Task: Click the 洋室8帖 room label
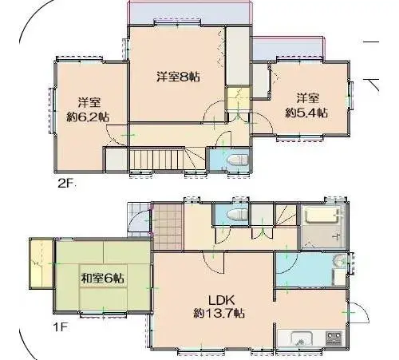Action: (x=178, y=77)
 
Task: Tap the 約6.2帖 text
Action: (x=88, y=117)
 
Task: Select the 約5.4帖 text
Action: (x=306, y=113)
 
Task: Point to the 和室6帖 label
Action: (x=102, y=279)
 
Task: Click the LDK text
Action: (x=221, y=300)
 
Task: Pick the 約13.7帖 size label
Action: (x=219, y=314)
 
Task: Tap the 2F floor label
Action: (x=66, y=184)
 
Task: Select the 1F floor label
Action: (x=60, y=327)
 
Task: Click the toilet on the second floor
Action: (x=239, y=160)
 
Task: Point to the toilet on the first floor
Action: (x=238, y=215)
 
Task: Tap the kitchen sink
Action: (x=302, y=338)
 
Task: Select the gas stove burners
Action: (x=334, y=338)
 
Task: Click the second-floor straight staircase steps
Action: (x=156, y=160)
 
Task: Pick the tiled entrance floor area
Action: (x=168, y=227)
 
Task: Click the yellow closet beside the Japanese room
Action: (x=41, y=263)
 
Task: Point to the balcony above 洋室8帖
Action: (x=190, y=13)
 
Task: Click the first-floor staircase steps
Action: (x=286, y=216)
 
